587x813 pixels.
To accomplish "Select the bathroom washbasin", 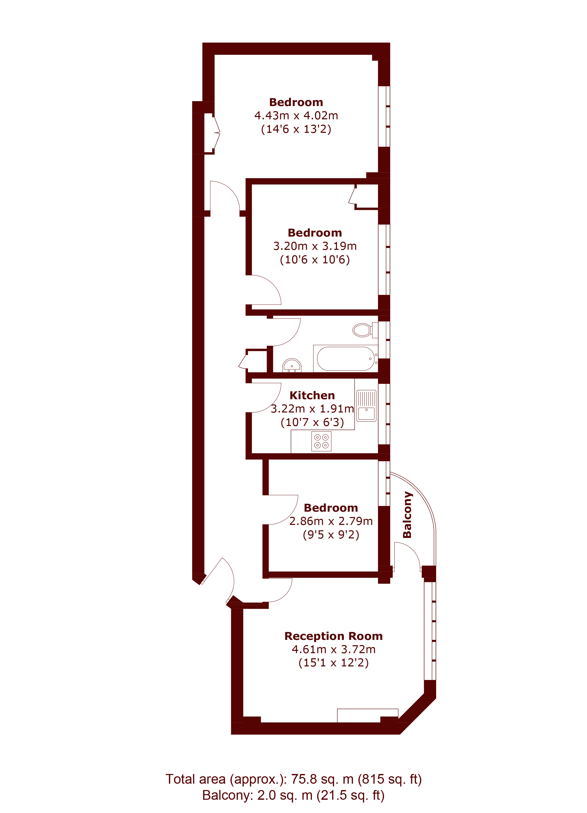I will [x=292, y=366].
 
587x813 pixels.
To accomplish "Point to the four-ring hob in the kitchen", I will [x=321, y=441].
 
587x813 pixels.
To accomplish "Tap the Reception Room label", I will [x=333, y=636].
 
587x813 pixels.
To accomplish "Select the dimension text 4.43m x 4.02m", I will [x=296, y=116].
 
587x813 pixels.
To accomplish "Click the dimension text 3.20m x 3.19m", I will [x=315, y=246].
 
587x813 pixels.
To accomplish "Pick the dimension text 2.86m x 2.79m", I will [x=331, y=521].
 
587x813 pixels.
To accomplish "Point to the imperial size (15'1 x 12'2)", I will [x=333, y=662].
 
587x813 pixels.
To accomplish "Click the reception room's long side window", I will [x=430, y=631].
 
